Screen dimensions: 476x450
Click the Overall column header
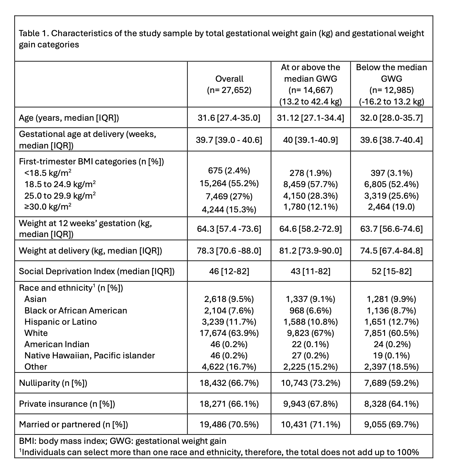[x=229, y=84]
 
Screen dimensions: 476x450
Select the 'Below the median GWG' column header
[x=391, y=84]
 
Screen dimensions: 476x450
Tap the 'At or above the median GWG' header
[x=310, y=84]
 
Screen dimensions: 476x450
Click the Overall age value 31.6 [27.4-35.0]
[x=229, y=118]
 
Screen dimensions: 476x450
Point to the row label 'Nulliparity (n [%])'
[x=53, y=383]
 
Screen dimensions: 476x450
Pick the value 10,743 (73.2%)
[x=310, y=383]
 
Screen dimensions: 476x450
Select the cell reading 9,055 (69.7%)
[x=391, y=424]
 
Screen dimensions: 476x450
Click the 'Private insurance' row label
[x=67, y=404]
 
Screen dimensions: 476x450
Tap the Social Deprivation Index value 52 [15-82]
[x=391, y=271]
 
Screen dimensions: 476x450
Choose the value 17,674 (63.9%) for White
[x=229, y=333]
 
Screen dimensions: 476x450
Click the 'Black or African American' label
[x=76, y=310]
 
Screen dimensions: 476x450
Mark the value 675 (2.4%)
[x=229, y=170]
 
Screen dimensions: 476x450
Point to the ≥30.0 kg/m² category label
[x=48, y=206]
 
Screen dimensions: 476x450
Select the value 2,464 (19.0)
[x=391, y=206]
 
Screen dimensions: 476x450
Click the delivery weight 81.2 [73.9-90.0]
[x=310, y=250]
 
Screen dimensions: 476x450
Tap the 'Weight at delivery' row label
[x=90, y=250]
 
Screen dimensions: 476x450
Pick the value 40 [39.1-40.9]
[x=310, y=140]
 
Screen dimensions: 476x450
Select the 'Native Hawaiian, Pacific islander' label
[x=89, y=355]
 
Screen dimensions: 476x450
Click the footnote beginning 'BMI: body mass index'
[x=122, y=441]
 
